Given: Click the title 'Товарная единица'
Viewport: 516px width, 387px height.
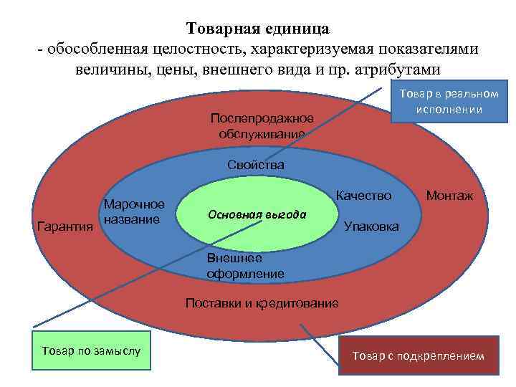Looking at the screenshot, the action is click(258, 29).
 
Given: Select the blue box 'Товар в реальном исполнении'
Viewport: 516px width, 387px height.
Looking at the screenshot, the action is click(449, 103).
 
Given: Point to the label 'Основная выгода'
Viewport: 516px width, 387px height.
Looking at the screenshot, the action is click(257, 215).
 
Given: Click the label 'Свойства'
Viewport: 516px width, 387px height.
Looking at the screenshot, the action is click(256, 165).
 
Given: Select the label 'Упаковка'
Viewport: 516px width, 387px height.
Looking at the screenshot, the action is click(372, 227).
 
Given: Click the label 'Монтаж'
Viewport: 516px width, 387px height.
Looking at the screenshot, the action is click(449, 195).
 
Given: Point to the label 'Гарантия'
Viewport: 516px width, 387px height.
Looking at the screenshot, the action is click(64, 227).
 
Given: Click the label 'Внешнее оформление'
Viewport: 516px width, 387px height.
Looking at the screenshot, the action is click(245, 266).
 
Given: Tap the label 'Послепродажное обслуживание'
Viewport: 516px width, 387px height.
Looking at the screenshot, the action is click(262, 126).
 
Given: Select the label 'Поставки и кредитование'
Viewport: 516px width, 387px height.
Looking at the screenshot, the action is click(262, 303).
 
